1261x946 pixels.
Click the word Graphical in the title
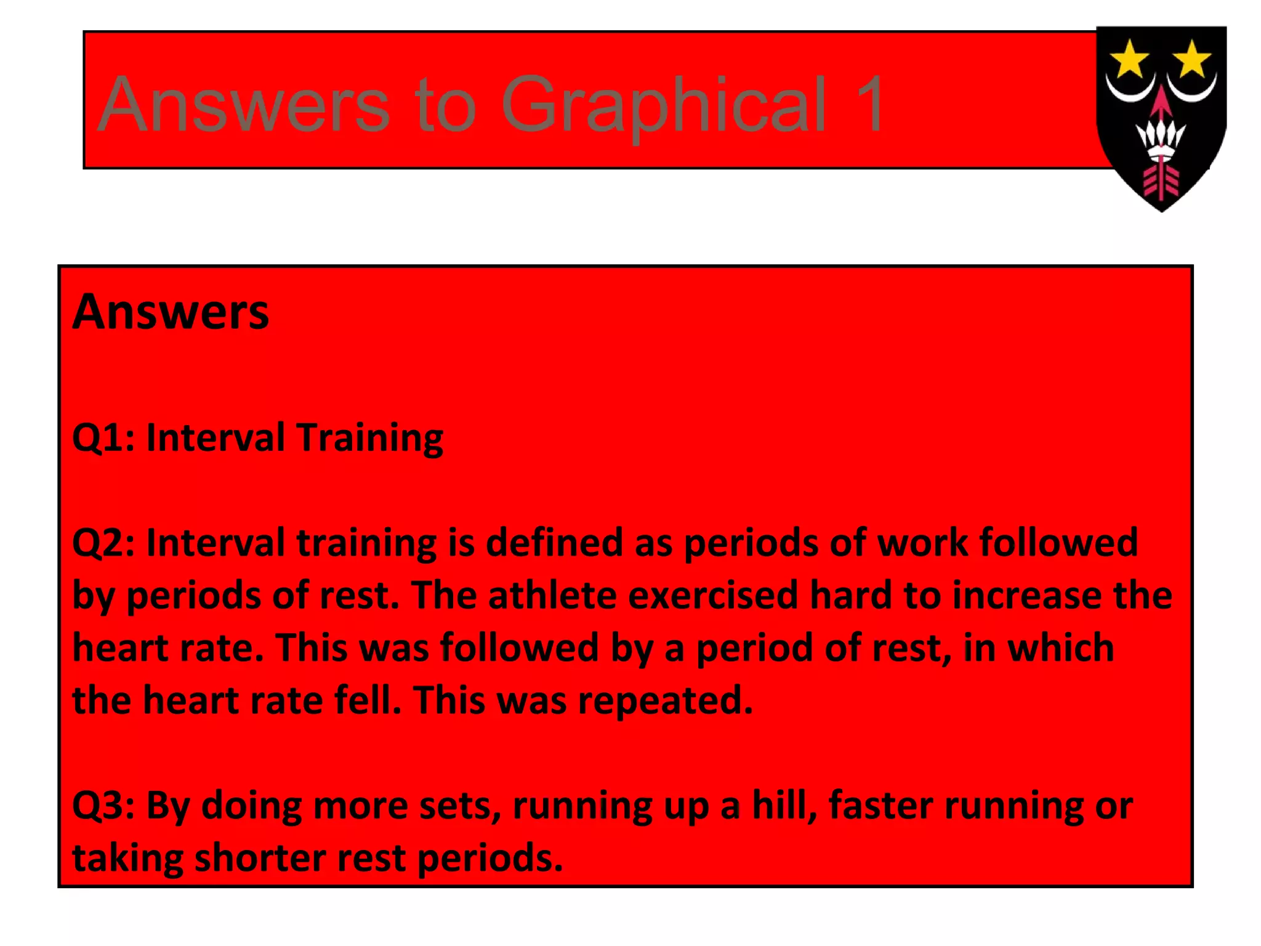coord(663,105)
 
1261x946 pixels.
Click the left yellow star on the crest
coord(1129,59)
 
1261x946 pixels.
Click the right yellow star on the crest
coord(1192,59)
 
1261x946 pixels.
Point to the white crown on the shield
coord(1161,139)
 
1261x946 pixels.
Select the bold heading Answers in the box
coord(171,312)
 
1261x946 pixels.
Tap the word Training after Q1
coord(369,438)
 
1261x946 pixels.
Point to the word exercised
coord(712,596)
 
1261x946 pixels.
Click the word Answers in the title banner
coord(243,105)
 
